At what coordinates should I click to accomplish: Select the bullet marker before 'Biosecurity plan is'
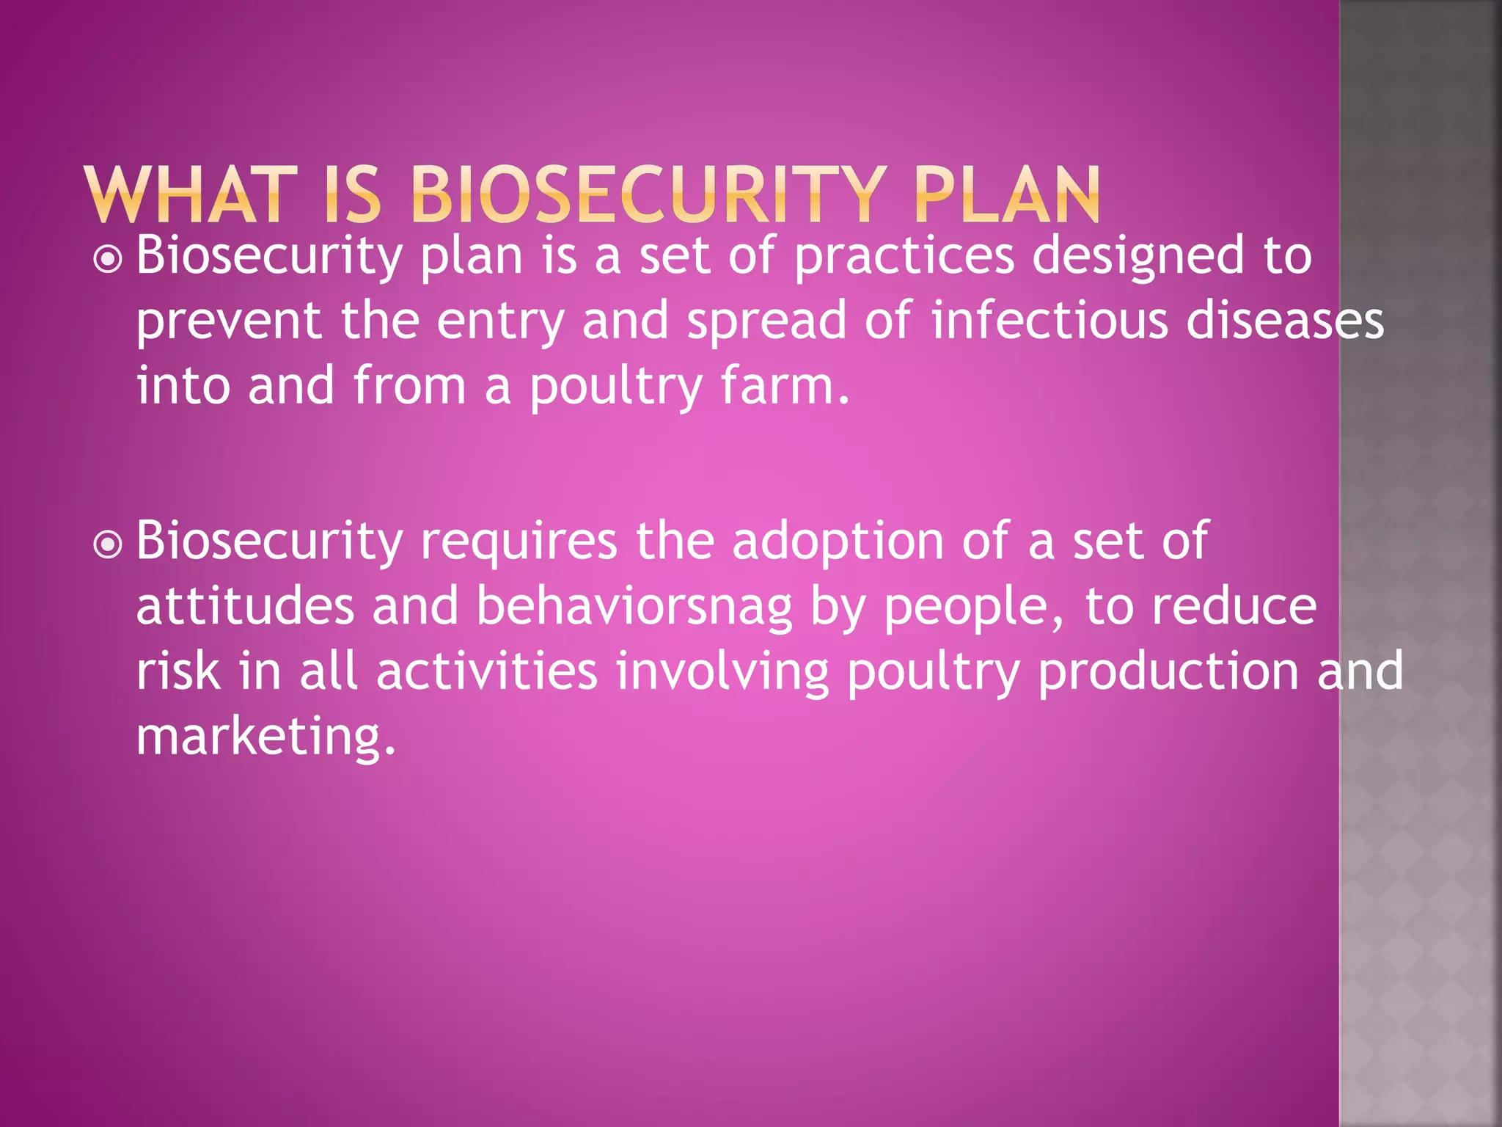[x=109, y=259]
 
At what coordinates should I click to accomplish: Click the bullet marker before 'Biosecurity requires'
[x=109, y=544]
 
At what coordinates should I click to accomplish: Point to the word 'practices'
[x=904, y=257]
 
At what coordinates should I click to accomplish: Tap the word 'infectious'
[x=1049, y=321]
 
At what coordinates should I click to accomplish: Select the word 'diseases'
[x=1284, y=321]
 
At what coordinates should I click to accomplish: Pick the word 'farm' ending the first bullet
[x=777, y=386]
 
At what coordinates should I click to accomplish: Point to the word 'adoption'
[x=838, y=542]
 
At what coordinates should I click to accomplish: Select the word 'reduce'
[x=1234, y=607]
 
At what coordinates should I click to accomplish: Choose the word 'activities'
[x=486, y=671]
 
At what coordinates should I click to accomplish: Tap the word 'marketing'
[x=265, y=737]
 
